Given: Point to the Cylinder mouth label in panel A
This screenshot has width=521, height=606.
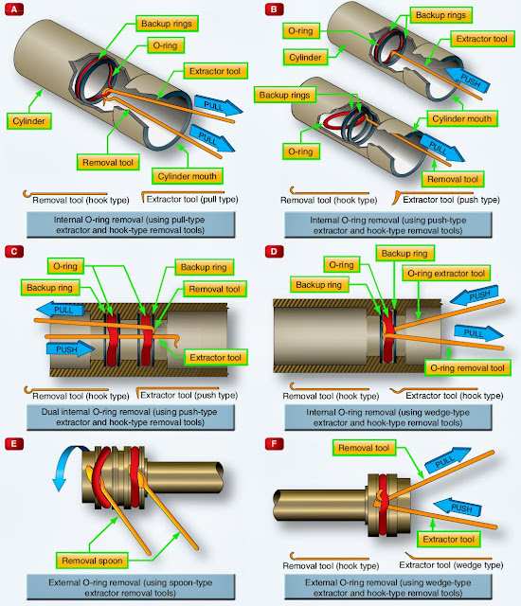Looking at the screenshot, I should point(185,176).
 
